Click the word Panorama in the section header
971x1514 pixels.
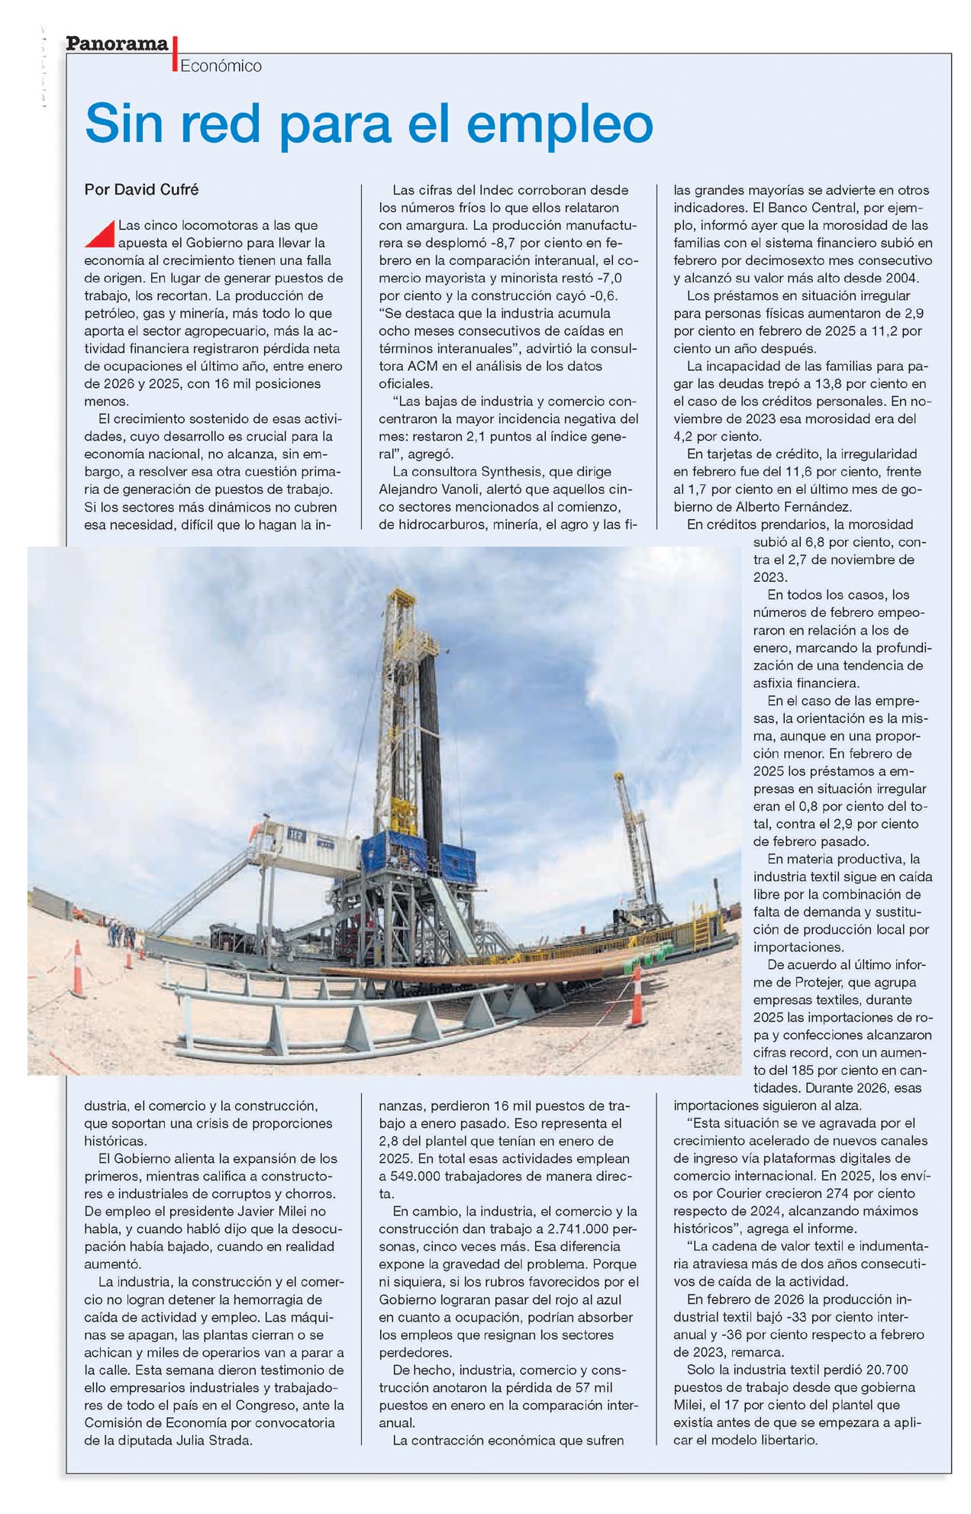[x=117, y=44]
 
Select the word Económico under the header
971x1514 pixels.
[x=221, y=66]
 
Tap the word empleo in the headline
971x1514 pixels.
[x=560, y=123]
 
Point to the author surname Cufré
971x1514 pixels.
[x=179, y=189]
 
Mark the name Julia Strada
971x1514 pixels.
[x=216, y=1441]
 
